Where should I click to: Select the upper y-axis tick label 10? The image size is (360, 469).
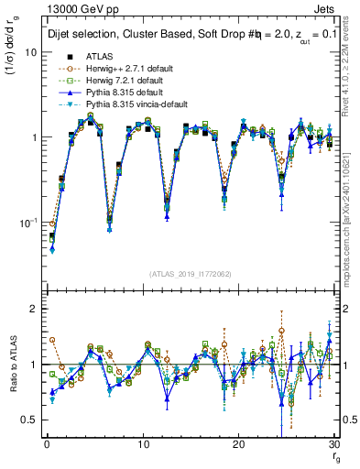point(30,52)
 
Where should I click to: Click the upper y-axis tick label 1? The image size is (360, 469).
point(33,137)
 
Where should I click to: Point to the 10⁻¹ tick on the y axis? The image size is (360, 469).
point(27,223)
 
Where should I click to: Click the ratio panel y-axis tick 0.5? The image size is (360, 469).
point(28,420)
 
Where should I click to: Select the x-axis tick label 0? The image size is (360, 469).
point(46,443)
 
